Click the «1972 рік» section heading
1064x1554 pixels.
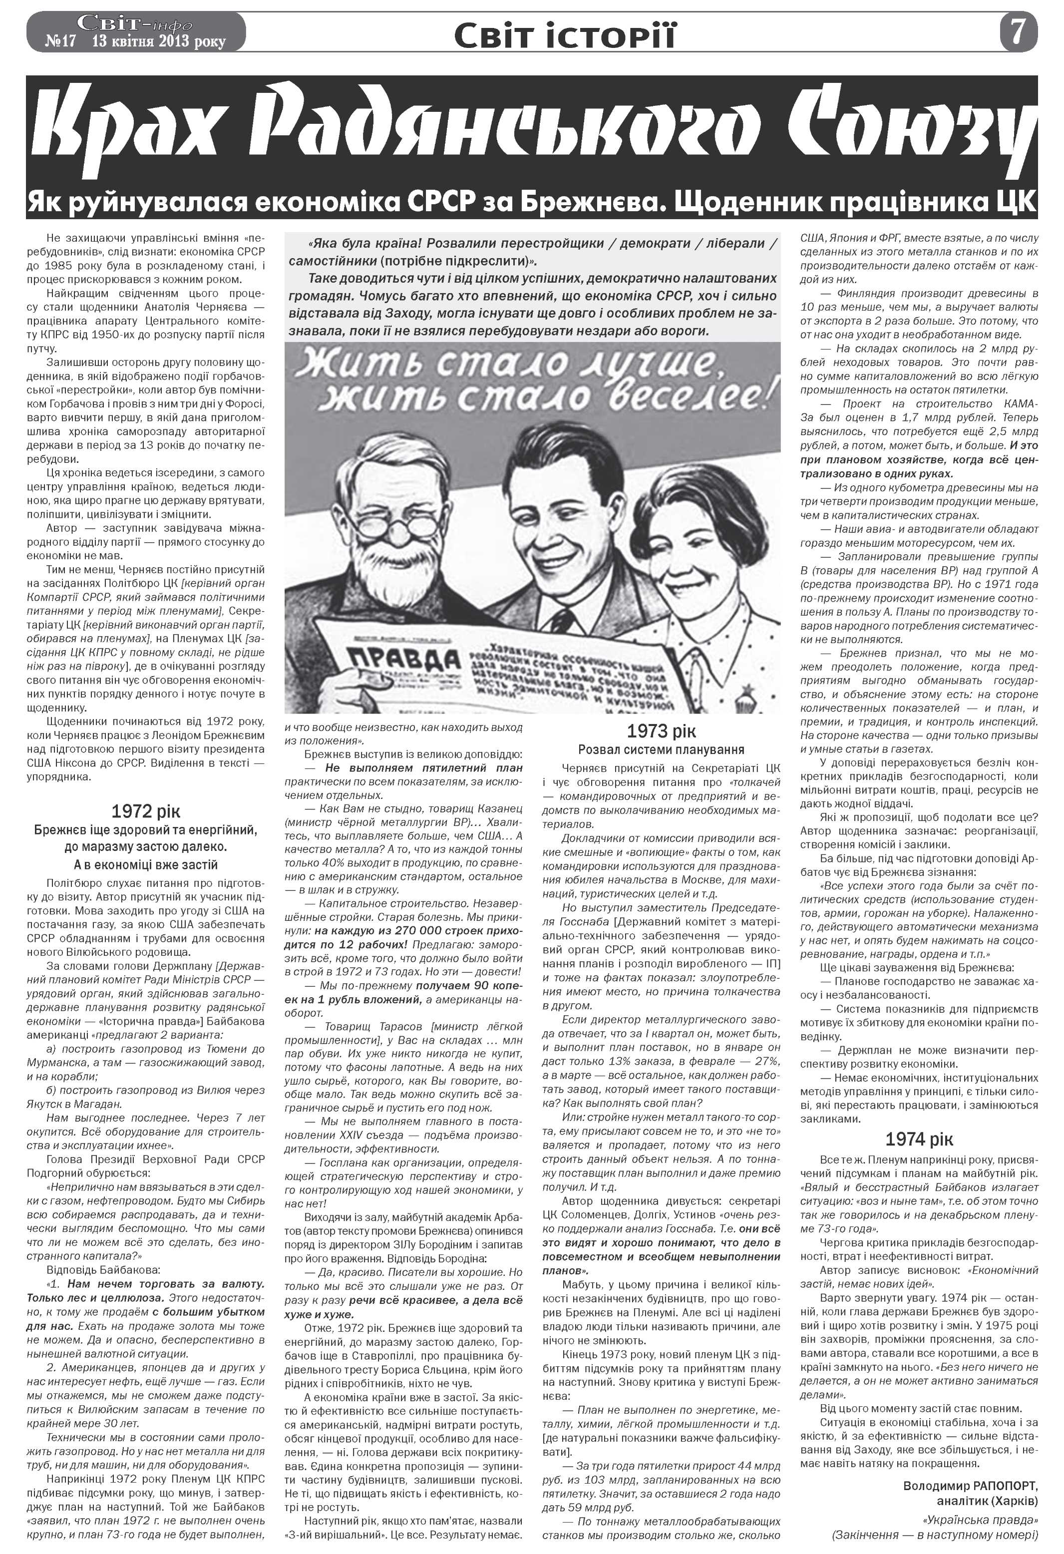click(x=146, y=812)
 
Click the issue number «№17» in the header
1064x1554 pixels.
click(x=61, y=41)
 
